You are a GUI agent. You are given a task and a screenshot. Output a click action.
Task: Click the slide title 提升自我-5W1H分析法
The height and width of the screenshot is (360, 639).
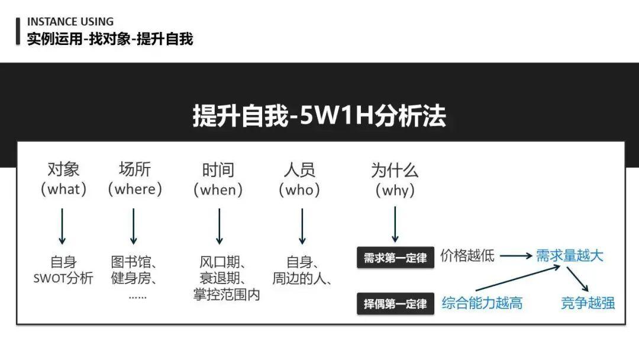tap(319, 117)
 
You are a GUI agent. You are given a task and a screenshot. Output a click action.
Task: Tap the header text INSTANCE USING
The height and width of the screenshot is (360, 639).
tap(70, 22)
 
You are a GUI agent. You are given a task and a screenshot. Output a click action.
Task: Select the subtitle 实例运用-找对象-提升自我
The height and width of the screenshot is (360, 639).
tap(110, 39)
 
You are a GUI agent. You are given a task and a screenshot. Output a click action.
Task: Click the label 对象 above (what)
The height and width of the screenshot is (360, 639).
tap(63, 171)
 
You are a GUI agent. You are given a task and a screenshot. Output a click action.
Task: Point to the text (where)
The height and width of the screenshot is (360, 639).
tap(134, 189)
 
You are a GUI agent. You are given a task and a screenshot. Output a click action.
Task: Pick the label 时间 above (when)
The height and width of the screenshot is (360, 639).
tap(218, 171)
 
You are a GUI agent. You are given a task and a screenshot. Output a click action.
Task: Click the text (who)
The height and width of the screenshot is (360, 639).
tap(302, 189)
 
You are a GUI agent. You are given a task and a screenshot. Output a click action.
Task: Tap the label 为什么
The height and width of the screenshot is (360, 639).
tap(395, 171)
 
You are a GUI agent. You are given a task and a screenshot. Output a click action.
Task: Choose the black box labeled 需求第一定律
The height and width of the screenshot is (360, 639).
tap(395, 258)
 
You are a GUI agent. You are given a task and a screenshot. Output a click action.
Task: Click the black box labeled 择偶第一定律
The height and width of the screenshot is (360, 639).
tap(395, 304)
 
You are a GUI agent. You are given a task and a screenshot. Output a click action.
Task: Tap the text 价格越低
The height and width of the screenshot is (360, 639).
tap(467, 256)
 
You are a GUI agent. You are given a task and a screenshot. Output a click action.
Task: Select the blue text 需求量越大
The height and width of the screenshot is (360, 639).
tap(570, 256)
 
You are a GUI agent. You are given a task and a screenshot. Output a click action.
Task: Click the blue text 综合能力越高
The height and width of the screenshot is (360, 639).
tap(482, 304)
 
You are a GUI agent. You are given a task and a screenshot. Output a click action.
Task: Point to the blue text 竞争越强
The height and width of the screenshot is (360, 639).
tap(588, 303)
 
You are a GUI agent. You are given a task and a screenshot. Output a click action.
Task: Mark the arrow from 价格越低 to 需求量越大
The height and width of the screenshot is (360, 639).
tap(515, 256)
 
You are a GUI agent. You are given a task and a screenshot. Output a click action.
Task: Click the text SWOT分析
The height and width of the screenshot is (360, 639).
tap(63, 278)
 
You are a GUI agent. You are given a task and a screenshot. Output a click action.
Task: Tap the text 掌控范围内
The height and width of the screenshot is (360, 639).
tap(227, 294)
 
